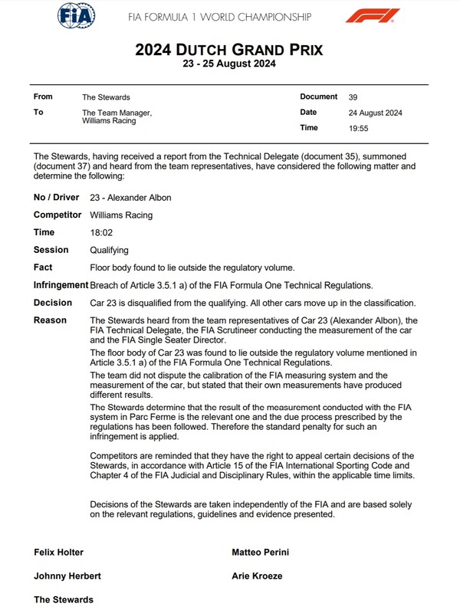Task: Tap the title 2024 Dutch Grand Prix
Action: pos(229,50)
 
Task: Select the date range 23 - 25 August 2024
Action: pos(229,64)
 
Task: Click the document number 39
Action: pos(353,97)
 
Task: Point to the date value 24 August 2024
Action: pos(375,113)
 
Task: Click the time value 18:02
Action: pos(100,232)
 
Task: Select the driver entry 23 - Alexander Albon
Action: pos(130,198)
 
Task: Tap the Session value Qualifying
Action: pos(109,250)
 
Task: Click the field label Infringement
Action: pos(61,285)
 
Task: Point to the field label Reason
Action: pos(50,320)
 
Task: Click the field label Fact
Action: pos(43,267)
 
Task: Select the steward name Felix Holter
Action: pos(59,552)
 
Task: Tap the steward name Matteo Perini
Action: pos(261,552)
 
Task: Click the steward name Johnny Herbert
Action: pos(67,576)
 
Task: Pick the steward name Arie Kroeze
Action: pos(258,576)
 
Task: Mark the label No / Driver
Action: pos(57,198)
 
